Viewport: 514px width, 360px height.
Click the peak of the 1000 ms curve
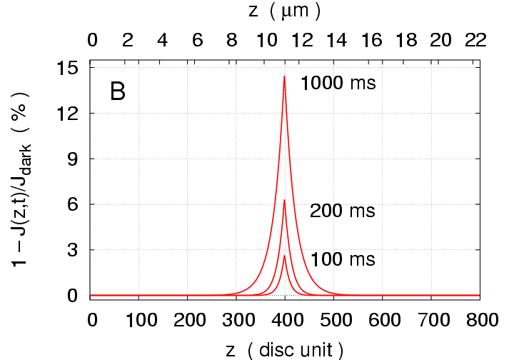285,76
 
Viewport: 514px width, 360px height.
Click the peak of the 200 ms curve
285,200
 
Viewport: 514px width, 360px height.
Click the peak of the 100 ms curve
285,256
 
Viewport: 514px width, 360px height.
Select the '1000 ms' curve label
338,84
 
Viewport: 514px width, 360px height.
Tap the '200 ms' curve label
342,211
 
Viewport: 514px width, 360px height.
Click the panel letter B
118,91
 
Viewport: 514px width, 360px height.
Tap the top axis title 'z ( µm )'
285,11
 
